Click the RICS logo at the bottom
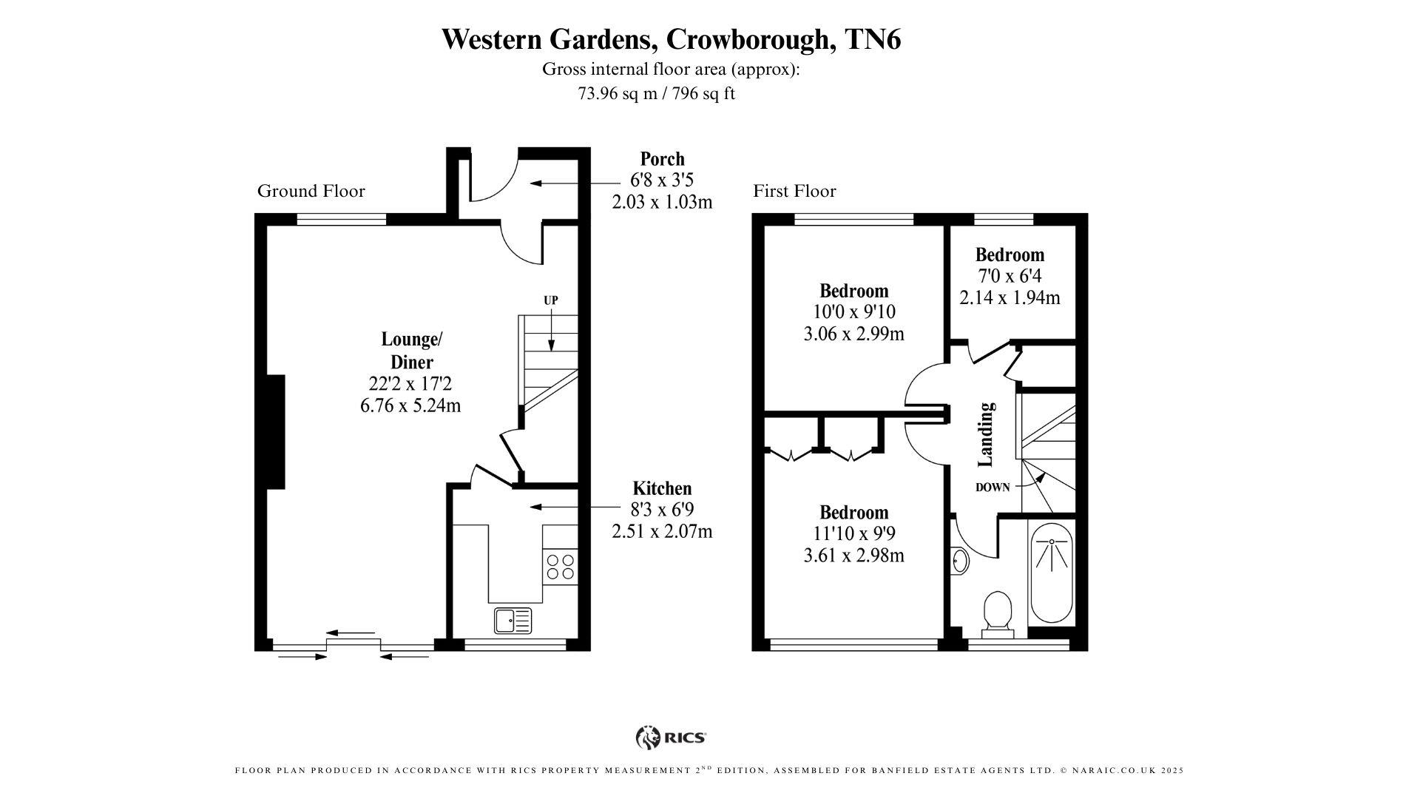pos(671,738)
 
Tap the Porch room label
pos(662,159)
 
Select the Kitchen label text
pos(662,488)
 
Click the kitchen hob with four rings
pos(560,566)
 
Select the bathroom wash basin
pos(960,561)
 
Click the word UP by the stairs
pos(551,300)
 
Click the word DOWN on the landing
pos(993,488)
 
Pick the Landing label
pos(986,434)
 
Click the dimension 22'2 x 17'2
pos(410,384)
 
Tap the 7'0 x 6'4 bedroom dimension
pos(1010,276)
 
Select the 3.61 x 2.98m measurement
pos(853,555)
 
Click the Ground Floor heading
pos(311,191)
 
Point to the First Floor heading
pos(794,191)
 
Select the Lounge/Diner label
pos(411,351)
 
